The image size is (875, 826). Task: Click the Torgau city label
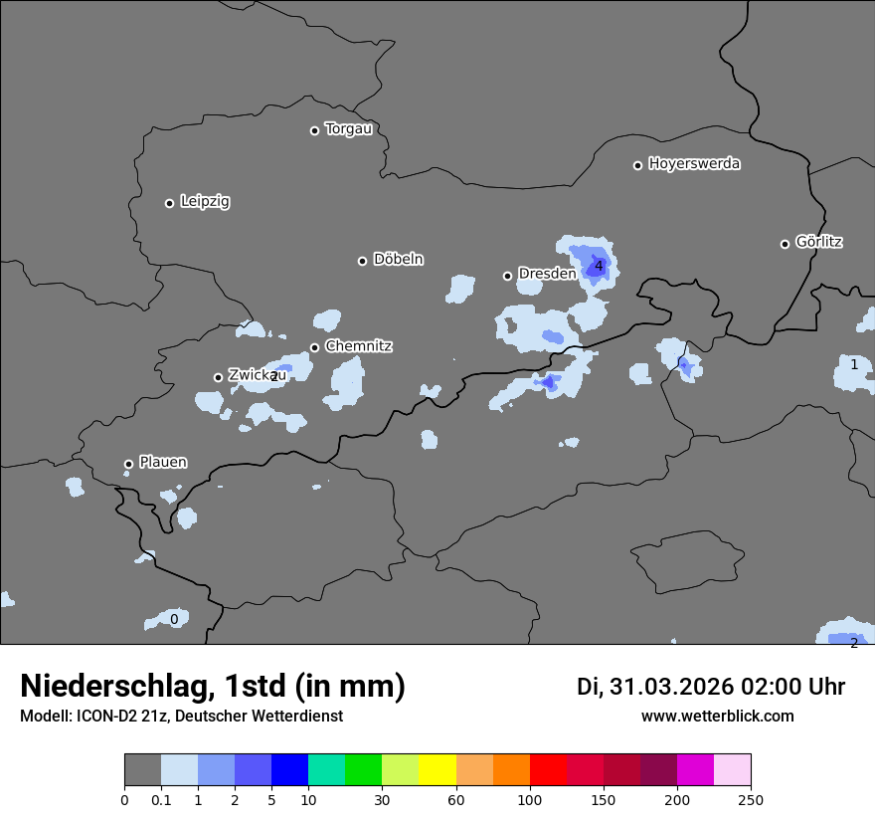(348, 129)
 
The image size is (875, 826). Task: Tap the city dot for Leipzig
(169, 203)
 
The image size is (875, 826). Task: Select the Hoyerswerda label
(694, 164)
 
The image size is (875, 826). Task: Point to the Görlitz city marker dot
(785, 244)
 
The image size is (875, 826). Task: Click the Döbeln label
(398, 260)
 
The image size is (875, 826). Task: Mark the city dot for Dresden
(507, 276)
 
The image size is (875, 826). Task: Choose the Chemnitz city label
(358, 346)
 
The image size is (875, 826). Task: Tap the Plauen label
(163, 463)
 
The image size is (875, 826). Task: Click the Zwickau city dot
(218, 377)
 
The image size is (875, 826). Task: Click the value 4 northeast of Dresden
(599, 266)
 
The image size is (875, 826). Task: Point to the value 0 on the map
(174, 619)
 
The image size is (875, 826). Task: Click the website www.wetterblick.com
(717, 717)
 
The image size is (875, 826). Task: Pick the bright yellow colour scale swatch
(437, 770)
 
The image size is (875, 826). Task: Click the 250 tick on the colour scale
(751, 799)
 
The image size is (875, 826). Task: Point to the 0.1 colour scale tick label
(161, 799)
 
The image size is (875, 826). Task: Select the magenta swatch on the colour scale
(695, 770)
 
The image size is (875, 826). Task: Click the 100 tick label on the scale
(530, 799)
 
